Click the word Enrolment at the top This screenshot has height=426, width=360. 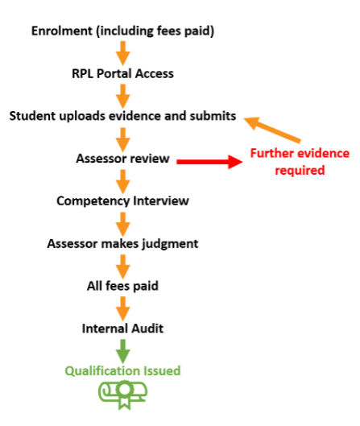click(62, 31)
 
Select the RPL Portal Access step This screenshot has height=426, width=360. click(122, 73)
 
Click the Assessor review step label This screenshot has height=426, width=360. click(122, 159)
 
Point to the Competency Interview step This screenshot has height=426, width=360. click(122, 201)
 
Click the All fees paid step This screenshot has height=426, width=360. click(122, 286)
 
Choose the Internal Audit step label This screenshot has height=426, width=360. click(122, 329)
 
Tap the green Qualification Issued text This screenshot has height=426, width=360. click(122, 371)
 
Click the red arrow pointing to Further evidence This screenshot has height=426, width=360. click(209, 162)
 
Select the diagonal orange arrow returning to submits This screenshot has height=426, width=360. click(272, 130)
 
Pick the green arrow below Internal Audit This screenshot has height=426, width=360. click(123, 351)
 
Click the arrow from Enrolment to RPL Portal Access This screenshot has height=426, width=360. click(123, 53)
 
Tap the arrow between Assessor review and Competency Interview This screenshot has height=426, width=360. click(123, 182)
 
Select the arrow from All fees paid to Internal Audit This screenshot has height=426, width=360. click(123, 309)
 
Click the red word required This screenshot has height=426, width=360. click(300, 171)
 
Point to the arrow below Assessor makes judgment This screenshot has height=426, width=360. click(123, 267)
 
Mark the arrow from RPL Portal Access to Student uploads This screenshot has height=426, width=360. click(123, 97)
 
